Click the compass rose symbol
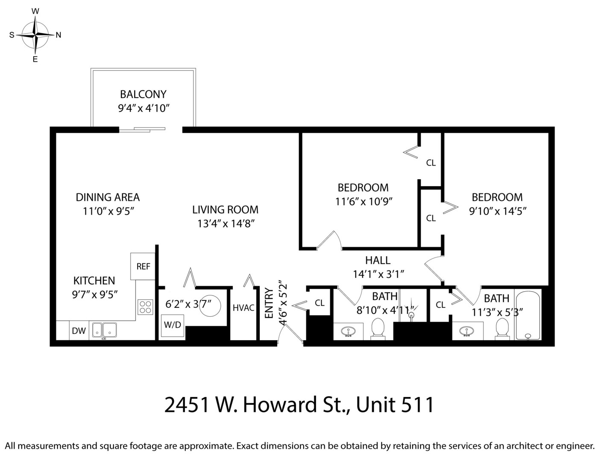coord(35,35)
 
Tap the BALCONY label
coord(143,94)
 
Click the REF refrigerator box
coord(143,266)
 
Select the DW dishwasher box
coord(79,330)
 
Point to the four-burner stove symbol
coord(145,307)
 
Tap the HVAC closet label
coord(243,308)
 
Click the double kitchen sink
coord(104,330)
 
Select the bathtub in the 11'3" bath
coord(528,315)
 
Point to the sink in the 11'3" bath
coord(466,331)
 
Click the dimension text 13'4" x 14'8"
coord(226,223)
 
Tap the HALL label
coord(378,260)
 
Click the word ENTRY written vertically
coord(269,303)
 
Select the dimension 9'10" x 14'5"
coord(497,211)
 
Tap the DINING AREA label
coord(108,197)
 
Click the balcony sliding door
coord(142,129)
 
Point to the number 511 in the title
coord(416,405)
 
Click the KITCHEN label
coord(94,281)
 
